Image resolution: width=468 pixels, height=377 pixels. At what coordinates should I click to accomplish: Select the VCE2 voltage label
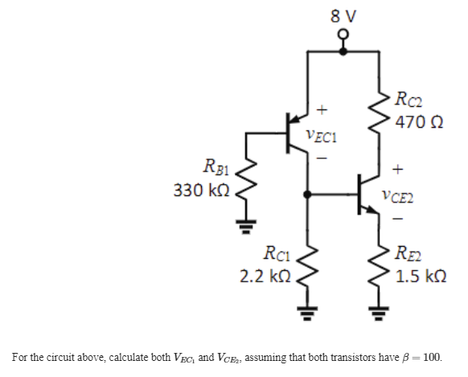pyautogui.click(x=399, y=193)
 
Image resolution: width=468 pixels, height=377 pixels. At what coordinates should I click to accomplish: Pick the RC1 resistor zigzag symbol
pyautogui.click(x=306, y=265)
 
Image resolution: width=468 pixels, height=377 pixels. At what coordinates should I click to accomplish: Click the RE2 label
pyautogui.click(x=410, y=256)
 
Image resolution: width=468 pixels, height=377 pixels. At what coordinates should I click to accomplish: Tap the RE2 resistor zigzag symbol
pyautogui.click(x=376, y=265)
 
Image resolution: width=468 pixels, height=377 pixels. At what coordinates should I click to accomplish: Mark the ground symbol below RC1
pyautogui.click(x=306, y=315)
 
